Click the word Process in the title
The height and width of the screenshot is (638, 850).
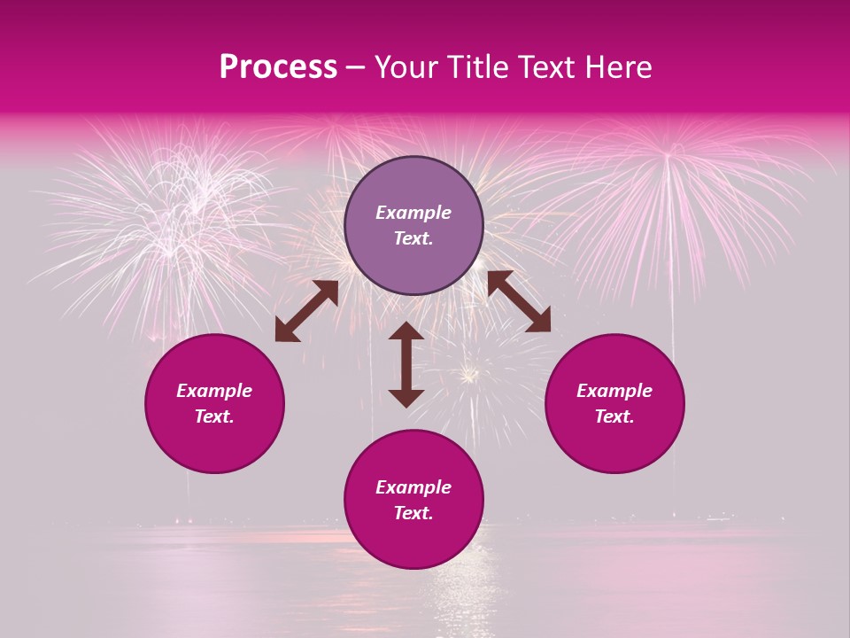pos(278,67)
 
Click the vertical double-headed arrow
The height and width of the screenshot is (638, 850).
pos(406,364)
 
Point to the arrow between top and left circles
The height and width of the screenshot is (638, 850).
pos(306,311)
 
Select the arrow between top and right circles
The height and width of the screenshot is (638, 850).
pos(519,301)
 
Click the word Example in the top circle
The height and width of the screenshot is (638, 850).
pos(413,213)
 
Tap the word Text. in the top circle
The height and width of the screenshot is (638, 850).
pos(413,238)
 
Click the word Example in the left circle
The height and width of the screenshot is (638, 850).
pos(214,391)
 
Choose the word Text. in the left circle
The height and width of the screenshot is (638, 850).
pos(214,416)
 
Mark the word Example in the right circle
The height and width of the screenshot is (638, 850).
pos(614,391)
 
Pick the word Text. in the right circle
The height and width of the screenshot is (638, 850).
pos(614,416)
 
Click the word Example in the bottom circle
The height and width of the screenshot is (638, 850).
pos(413,487)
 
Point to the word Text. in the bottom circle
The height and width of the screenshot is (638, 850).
pos(413,513)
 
